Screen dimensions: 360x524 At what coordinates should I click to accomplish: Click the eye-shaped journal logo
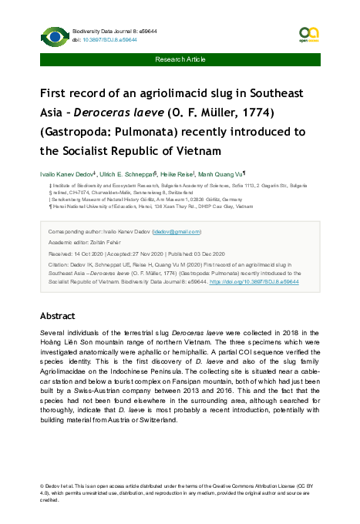click(x=53, y=35)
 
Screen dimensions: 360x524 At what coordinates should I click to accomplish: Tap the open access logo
click(x=308, y=33)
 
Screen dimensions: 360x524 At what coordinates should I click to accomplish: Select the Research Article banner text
click(x=180, y=59)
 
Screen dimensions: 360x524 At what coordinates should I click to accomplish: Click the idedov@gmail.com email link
click(x=177, y=231)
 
